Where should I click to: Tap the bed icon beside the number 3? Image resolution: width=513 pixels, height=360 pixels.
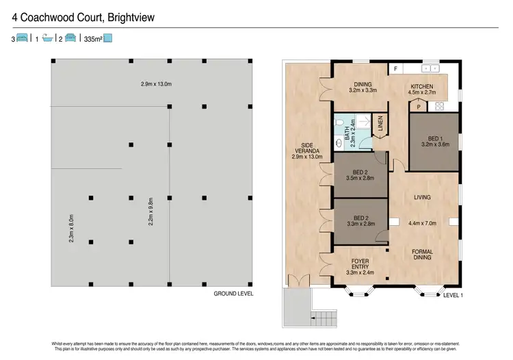tap(23, 39)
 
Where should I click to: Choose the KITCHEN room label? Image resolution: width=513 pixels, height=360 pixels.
tap(423, 86)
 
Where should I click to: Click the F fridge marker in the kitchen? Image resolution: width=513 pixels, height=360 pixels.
tap(395, 69)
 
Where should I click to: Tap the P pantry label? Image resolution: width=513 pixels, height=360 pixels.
tap(419, 106)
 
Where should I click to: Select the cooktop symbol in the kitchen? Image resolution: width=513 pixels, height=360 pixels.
tap(438, 105)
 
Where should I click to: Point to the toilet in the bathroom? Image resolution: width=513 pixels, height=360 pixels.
tap(340, 143)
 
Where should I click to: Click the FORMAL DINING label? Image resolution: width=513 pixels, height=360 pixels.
tap(422, 255)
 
